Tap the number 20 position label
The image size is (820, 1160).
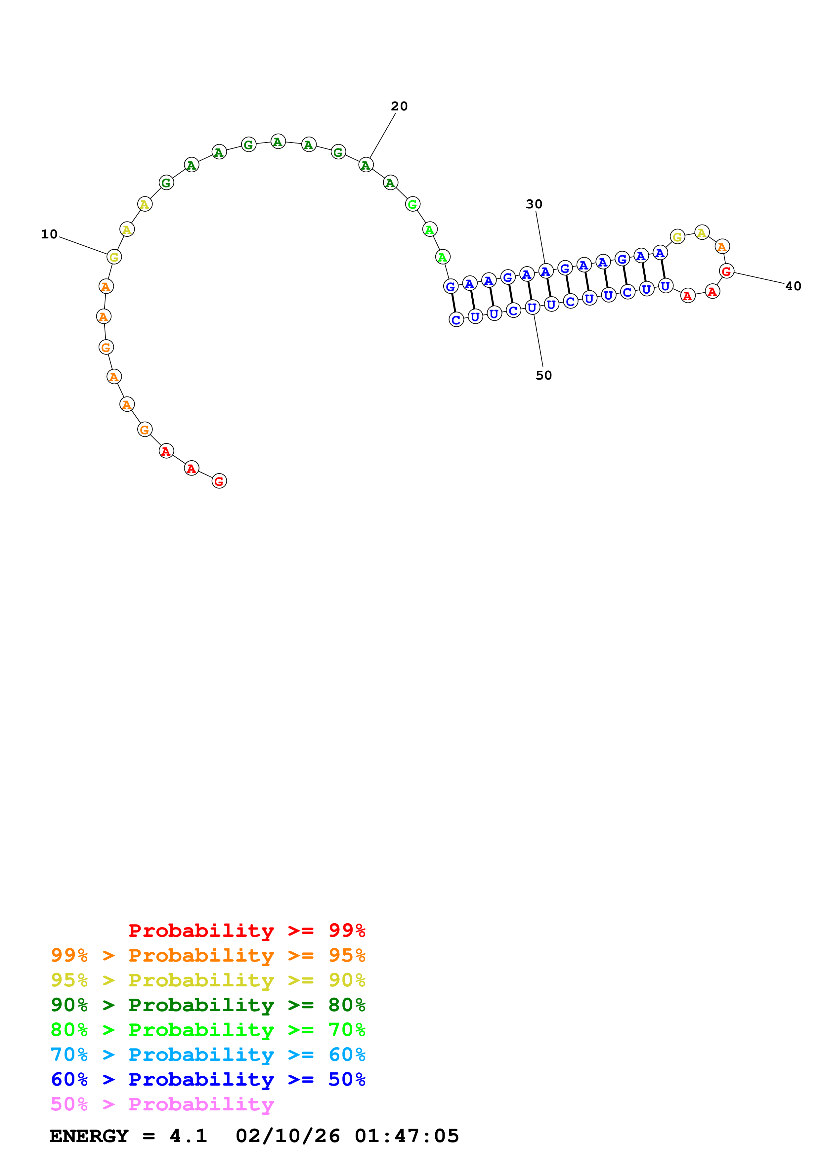tap(399, 106)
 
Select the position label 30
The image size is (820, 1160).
tap(534, 204)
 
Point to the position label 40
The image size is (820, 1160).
tap(793, 286)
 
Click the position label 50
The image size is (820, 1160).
tap(544, 375)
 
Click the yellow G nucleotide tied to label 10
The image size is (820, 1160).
tap(114, 257)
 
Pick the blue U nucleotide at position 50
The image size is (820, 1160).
tap(532, 307)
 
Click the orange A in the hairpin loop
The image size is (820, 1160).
tap(722, 247)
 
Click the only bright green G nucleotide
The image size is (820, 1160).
tap(412, 204)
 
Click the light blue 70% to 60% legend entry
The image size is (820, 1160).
tap(208, 1055)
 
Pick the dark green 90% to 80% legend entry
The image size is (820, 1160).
tap(208, 1005)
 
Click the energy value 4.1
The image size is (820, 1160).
tap(188, 1136)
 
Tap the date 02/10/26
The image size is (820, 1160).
tap(287, 1136)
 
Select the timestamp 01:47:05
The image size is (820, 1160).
tap(407, 1136)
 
